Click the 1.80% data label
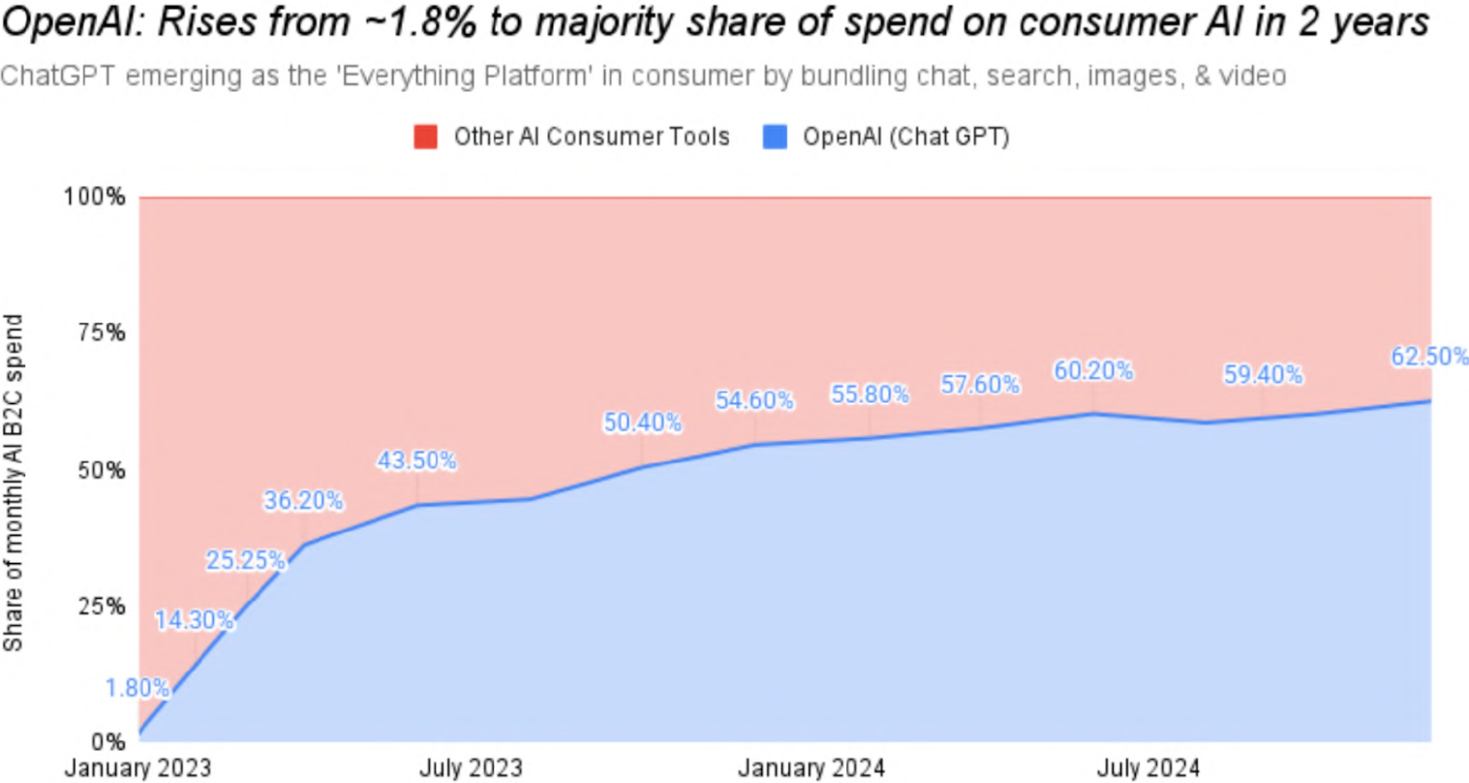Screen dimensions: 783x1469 click(138, 689)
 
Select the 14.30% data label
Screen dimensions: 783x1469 click(195, 620)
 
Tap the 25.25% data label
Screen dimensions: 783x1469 click(246, 561)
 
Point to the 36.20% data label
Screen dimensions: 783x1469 click(303, 501)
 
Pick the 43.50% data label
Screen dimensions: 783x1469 click(416, 461)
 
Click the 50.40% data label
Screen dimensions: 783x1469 click(642, 423)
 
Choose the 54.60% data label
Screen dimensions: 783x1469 click(754, 400)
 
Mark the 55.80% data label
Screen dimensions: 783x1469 click(870, 394)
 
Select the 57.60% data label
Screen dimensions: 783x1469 click(980, 385)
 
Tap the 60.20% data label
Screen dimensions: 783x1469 click(1093, 371)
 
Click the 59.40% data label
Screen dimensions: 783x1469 click(1263, 375)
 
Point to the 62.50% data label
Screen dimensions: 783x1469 click(1429, 357)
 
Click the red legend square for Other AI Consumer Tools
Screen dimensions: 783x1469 click(425, 137)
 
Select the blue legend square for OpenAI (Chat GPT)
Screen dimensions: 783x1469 click(775, 137)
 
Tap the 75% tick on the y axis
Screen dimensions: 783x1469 click(102, 333)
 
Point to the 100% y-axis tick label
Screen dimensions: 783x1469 click(95, 198)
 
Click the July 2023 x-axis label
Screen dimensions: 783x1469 click(471, 768)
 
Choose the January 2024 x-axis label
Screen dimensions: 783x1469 click(811, 768)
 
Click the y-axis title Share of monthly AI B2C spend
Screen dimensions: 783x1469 click(13, 483)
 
